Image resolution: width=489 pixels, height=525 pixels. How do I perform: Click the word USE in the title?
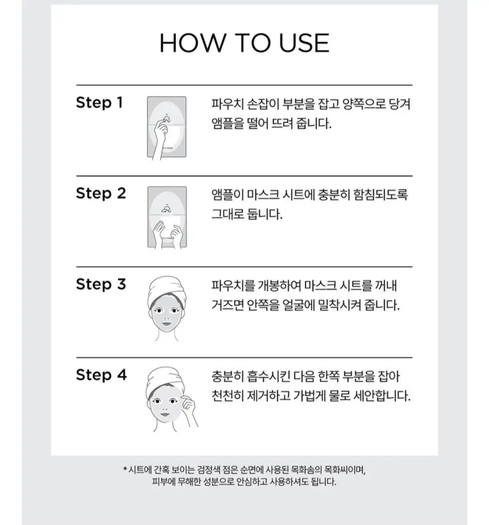coord(304,43)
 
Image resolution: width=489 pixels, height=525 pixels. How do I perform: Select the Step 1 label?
coord(99,103)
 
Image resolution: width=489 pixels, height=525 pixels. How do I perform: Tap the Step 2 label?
coord(101,193)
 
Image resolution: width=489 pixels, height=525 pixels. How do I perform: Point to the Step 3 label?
coord(101,284)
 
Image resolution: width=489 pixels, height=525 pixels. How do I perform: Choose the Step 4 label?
coord(101,375)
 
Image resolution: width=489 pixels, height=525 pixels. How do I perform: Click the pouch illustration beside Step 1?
coord(167,127)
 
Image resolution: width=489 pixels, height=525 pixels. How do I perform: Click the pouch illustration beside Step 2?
coord(167,217)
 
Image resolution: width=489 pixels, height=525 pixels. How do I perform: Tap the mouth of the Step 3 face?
coord(166,324)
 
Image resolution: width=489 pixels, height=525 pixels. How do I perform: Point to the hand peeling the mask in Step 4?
coord(188,409)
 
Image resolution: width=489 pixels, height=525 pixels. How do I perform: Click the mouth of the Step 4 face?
coord(165,414)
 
